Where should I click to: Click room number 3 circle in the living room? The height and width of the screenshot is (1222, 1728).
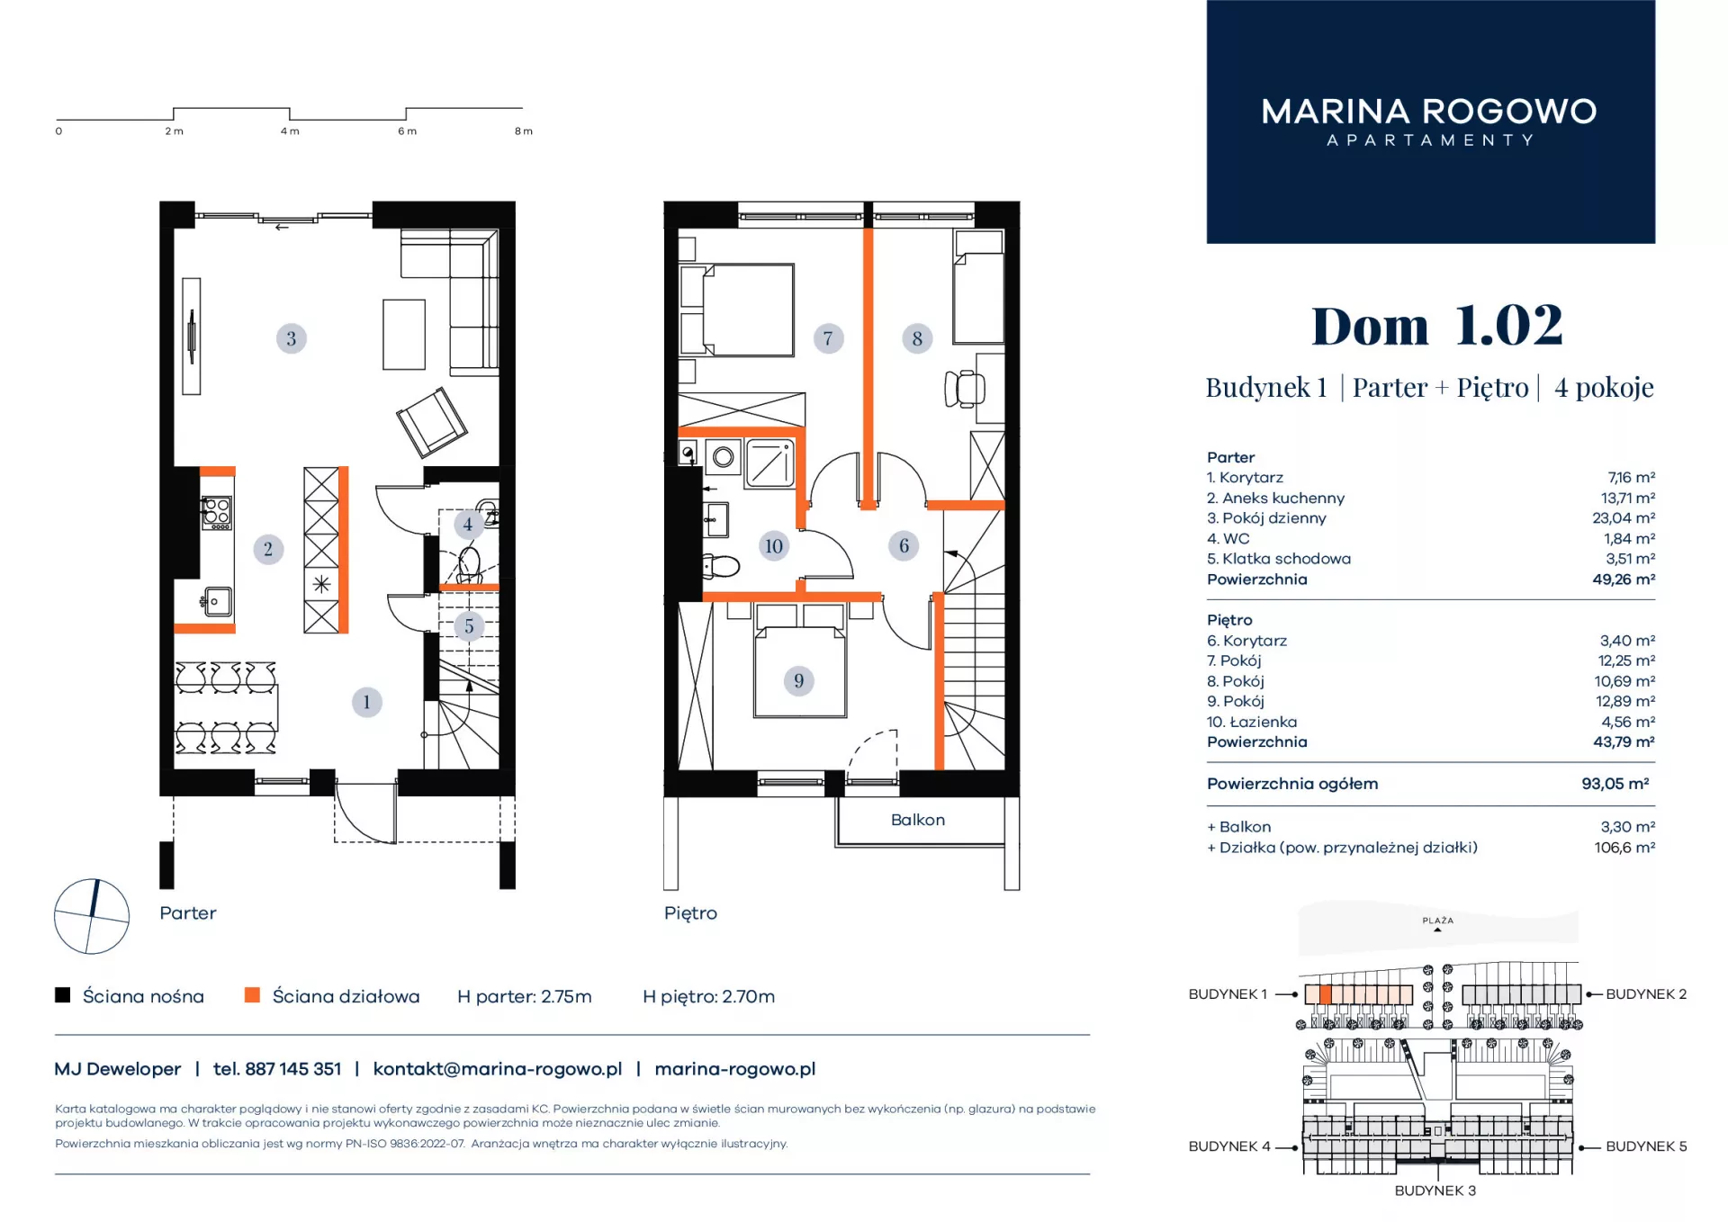coord(291,338)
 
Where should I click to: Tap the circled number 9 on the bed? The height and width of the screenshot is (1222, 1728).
coord(798,681)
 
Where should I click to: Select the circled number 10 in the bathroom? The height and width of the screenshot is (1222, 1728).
coord(773,546)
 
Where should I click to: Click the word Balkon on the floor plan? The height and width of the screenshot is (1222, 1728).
coord(918,820)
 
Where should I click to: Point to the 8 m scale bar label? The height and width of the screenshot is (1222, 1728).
coord(523,131)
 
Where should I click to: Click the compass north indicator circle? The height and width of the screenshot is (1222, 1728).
coord(92,916)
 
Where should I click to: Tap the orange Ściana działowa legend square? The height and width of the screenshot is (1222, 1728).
coord(252,994)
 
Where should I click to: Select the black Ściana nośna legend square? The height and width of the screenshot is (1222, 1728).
coord(62,994)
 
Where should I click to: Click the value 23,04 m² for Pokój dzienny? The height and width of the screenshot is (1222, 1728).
coord(1624,518)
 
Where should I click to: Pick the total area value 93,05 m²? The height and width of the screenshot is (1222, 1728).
coord(1615,784)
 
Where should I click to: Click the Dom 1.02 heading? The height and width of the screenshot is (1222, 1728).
coord(1437,325)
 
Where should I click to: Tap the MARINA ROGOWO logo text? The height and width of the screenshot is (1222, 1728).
coord(1429,112)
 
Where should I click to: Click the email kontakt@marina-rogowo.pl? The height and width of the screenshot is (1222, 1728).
coord(498,1069)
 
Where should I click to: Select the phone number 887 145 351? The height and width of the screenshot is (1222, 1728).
coord(293,1069)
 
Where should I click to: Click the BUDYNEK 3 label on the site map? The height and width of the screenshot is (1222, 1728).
coord(1435,1191)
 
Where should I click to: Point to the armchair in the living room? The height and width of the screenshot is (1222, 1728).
coord(432,422)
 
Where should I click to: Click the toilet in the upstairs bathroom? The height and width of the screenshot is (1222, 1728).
coord(720,566)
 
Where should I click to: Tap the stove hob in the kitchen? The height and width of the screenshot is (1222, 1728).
coord(216,512)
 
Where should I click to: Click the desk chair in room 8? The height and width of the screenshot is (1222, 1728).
coord(965,389)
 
